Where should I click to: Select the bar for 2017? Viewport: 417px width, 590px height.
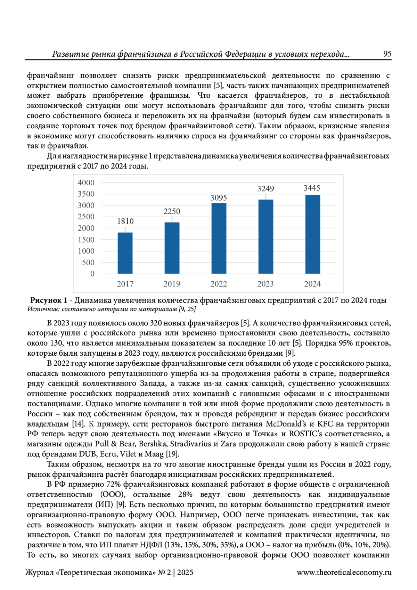tap(125, 253)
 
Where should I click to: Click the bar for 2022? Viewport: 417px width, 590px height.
tap(219, 238)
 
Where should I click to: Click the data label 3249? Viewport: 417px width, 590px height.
tap(265, 189)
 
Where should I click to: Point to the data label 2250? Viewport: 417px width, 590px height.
tap(172, 211)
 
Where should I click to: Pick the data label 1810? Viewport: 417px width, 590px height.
tap(125, 221)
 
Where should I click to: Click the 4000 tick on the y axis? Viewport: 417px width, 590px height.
tap(86, 183)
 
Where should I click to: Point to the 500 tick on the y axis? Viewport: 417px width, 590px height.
tap(88, 262)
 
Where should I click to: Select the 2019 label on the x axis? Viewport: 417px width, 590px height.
tap(172, 284)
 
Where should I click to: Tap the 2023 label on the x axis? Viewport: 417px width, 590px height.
tap(265, 284)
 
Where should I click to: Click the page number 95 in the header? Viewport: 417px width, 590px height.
tap(387, 54)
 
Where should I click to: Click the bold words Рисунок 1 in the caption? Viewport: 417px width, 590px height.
tap(49, 300)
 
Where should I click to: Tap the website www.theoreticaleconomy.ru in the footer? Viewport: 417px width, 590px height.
tap(344, 572)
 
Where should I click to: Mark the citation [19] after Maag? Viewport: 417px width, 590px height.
tap(172, 454)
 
